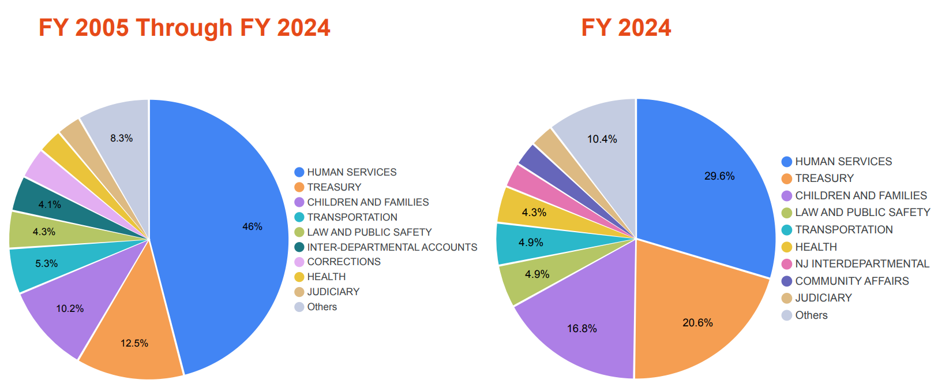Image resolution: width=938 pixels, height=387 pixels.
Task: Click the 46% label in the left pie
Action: tap(252, 226)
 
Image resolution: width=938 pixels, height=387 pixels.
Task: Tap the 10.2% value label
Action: tap(70, 308)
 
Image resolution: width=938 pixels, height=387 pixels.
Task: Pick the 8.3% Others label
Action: tap(122, 138)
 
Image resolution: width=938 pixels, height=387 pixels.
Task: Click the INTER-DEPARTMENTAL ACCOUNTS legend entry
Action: tap(392, 247)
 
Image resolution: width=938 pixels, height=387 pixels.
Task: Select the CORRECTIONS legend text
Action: tap(344, 262)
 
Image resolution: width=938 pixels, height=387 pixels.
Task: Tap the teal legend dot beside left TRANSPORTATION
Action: tap(299, 217)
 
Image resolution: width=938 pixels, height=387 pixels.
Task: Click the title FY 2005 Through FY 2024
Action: tap(184, 28)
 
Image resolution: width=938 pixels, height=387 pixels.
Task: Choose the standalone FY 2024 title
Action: tap(626, 28)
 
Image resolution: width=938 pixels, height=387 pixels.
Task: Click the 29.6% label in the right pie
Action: tap(719, 176)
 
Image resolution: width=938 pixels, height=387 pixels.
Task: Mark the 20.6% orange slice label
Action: tap(697, 323)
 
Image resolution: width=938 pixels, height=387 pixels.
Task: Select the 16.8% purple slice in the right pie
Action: tap(583, 329)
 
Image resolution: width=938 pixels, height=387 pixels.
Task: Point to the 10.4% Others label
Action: tap(602, 139)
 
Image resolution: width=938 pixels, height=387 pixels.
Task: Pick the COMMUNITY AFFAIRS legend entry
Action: tap(851, 281)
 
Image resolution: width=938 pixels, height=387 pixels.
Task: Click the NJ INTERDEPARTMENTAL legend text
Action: tap(862, 264)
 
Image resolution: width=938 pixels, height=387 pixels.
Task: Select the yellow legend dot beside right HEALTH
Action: tap(786, 247)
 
